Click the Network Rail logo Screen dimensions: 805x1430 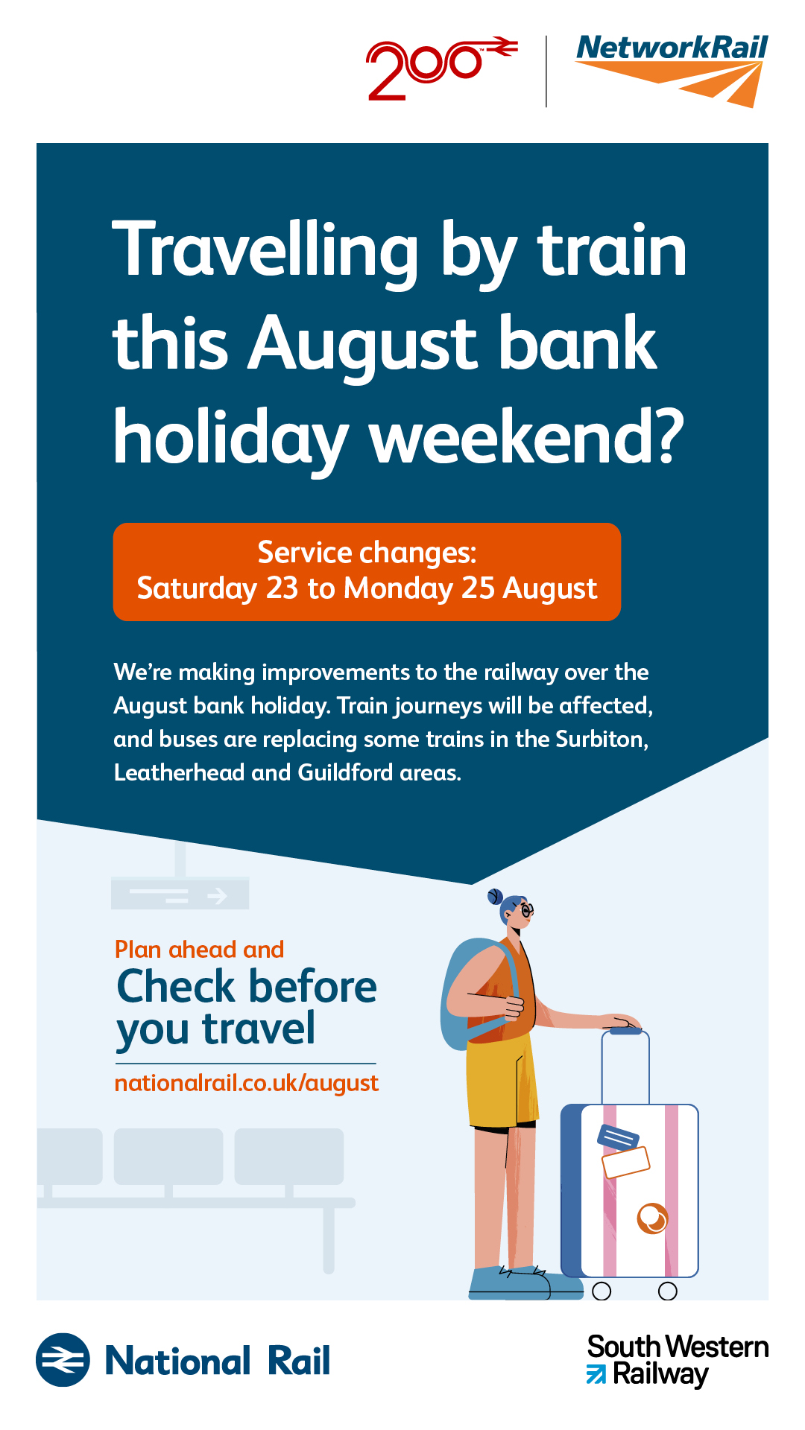[672, 71]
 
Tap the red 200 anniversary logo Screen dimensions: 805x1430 [441, 69]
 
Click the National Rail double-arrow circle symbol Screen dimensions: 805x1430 [63, 1360]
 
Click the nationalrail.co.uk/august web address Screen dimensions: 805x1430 [247, 1083]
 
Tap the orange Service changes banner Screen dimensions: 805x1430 [367, 572]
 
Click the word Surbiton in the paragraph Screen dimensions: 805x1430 [602, 739]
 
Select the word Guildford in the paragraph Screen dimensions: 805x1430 [345, 772]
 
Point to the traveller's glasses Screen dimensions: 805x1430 [525, 910]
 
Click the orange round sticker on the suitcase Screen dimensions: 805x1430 [652, 1218]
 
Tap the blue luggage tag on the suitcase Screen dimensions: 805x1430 [618, 1137]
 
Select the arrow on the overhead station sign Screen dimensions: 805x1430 [217, 895]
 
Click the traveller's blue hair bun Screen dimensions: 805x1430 [495, 896]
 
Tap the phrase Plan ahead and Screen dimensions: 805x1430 [199, 950]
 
